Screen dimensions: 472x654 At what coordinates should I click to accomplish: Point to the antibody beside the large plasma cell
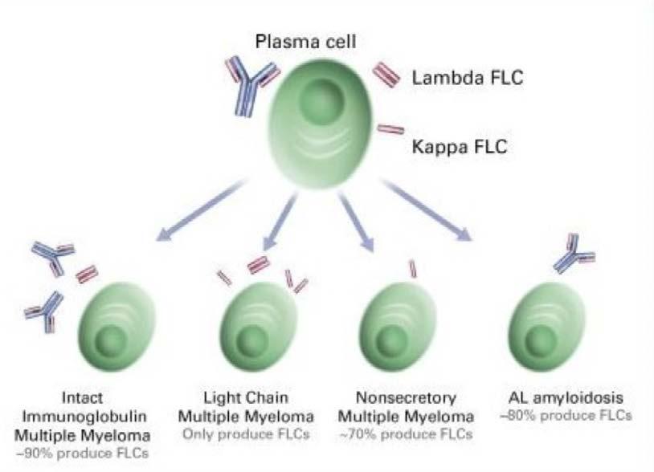[x=251, y=84]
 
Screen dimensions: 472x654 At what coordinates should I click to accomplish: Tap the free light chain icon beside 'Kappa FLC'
[x=390, y=128]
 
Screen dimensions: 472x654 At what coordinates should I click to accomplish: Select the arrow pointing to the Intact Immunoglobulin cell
[x=201, y=213]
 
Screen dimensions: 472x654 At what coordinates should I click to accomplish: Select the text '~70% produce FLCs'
[x=406, y=434]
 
